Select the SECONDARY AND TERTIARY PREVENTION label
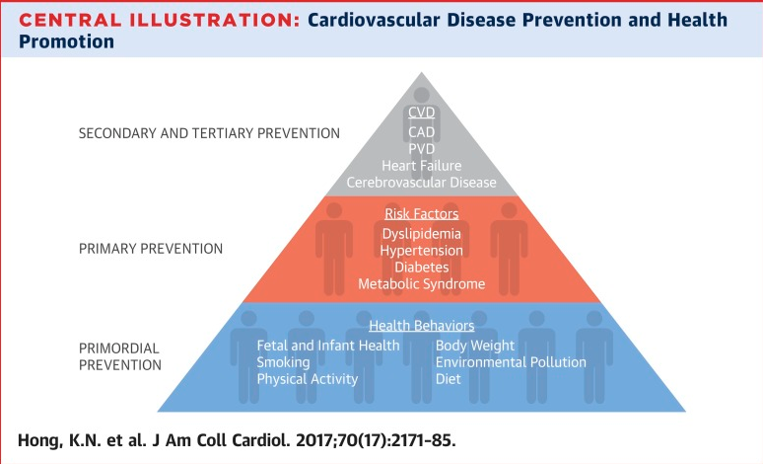(209, 132)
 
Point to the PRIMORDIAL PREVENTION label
(119, 356)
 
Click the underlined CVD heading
(421, 114)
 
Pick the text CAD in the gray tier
(421, 131)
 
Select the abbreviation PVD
(421, 149)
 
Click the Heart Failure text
(421, 166)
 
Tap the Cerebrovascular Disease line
(421, 183)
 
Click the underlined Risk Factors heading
(421, 212)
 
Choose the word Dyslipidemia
(421, 234)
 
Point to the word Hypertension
(421, 251)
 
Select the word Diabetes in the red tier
(421, 268)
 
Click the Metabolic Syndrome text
(421, 284)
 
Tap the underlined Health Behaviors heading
(421, 326)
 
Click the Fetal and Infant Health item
(328, 346)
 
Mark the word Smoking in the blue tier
(284, 362)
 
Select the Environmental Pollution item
(511, 362)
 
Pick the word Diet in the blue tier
(450, 379)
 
